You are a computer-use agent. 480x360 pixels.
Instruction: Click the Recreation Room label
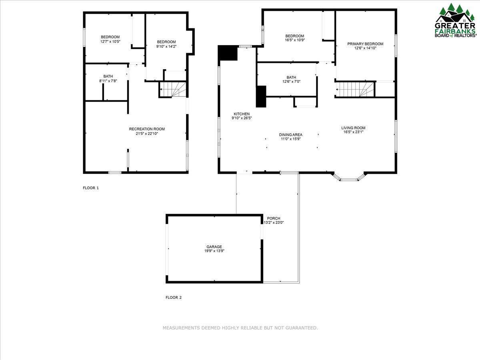coord(147,129)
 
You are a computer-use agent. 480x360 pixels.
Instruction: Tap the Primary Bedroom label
coord(365,44)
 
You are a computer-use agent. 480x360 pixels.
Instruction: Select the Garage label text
coord(214,247)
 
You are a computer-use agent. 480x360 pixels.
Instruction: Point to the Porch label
coord(274,218)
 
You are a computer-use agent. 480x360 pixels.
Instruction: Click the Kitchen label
coord(242,114)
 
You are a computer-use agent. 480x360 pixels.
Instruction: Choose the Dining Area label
coord(290,135)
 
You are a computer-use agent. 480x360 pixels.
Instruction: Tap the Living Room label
coord(353,128)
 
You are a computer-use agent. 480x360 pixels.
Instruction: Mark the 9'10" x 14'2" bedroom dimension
coord(166,46)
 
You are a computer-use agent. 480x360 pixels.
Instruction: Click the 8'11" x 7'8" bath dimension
coord(108,81)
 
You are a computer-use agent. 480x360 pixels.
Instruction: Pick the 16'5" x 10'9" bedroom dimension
coord(294,40)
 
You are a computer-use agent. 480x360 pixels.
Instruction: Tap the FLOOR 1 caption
coord(90,188)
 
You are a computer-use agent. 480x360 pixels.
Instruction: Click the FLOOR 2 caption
coord(174,297)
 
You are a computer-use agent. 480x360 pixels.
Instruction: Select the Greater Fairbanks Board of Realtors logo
coord(456,21)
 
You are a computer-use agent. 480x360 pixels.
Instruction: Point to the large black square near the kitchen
coord(228,53)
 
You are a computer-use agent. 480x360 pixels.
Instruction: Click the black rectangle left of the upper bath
coord(261,96)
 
